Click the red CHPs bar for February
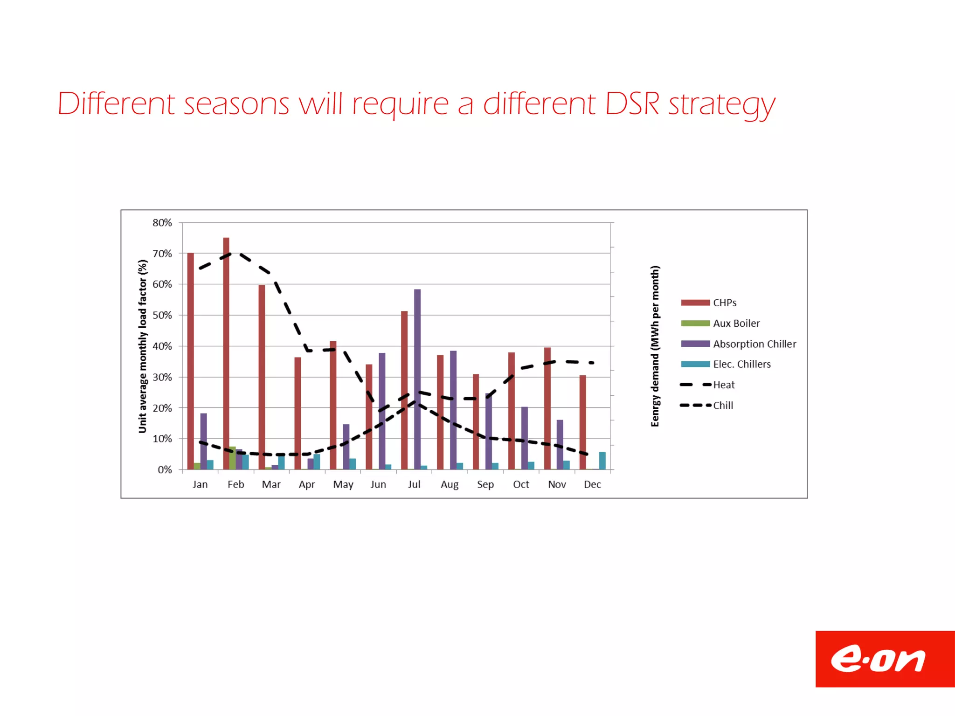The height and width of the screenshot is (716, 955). tap(226, 354)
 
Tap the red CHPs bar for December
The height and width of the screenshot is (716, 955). tap(583, 422)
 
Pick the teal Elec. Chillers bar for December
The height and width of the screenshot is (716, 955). tap(602, 461)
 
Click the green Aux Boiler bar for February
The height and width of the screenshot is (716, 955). tap(232, 458)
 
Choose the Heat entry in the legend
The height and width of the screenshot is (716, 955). tap(724, 385)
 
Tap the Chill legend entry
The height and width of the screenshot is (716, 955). tap(723, 406)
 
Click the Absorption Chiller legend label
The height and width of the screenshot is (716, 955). tap(754, 344)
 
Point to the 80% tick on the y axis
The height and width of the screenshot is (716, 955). tap(162, 223)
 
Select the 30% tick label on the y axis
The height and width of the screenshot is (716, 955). tap(162, 377)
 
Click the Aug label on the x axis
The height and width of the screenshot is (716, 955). tap(450, 485)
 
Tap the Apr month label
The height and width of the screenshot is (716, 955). tap(307, 485)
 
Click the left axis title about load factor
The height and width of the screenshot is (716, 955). tap(143, 346)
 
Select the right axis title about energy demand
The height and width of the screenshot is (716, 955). tap(655, 346)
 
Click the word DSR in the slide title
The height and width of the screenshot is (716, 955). tap(632, 103)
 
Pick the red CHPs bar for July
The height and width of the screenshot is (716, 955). tap(404, 390)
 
